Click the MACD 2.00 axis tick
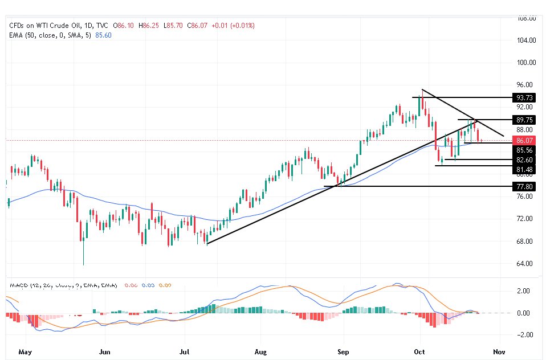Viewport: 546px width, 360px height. pyautogui.click(x=524, y=291)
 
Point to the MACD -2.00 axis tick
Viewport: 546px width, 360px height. pyautogui.click(x=523, y=335)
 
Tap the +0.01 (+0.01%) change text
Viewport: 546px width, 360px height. pyautogui.click(x=232, y=26)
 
